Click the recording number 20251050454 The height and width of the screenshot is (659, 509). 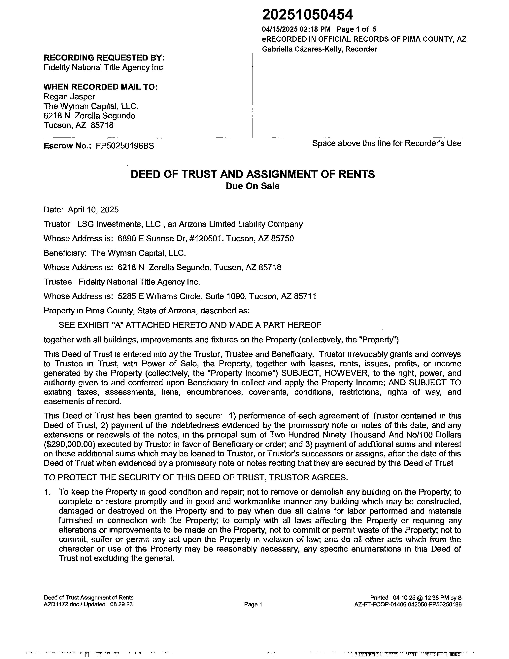coord(307,15)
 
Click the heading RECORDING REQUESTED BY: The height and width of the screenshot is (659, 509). coord(104,58)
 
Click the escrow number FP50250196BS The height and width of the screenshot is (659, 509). coord(125,146)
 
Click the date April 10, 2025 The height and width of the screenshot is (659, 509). coord(93,210)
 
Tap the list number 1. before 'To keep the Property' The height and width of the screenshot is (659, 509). coord(47,492)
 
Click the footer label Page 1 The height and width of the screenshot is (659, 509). coord(253,604)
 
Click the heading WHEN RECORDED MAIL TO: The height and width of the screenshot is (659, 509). coord(100,87)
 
